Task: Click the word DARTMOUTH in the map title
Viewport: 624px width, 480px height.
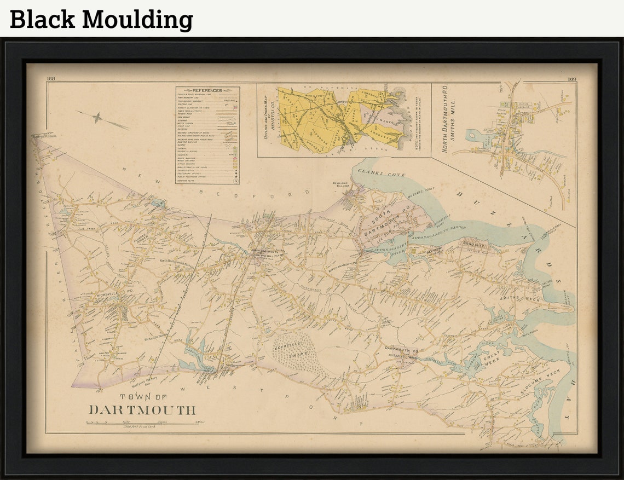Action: pyautogui.click(x=142, y=409)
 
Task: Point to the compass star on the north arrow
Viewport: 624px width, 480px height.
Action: pyautogui.click(x=97, y=118)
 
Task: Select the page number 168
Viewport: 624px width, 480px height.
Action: pyautogui.click(x=52, y=79)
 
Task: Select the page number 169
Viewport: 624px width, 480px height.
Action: pyautogui.click(x=571, y=79)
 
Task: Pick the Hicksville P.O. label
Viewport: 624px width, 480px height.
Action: pyautogui.click(x=111, y=294)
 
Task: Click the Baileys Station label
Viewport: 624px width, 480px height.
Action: pyautogui.click(x=44, y=135)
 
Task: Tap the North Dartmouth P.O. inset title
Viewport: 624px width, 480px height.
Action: pyautogui.click(x=444, y=118)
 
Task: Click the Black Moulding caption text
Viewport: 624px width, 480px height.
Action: pyautogui.click(x=102, y=20)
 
